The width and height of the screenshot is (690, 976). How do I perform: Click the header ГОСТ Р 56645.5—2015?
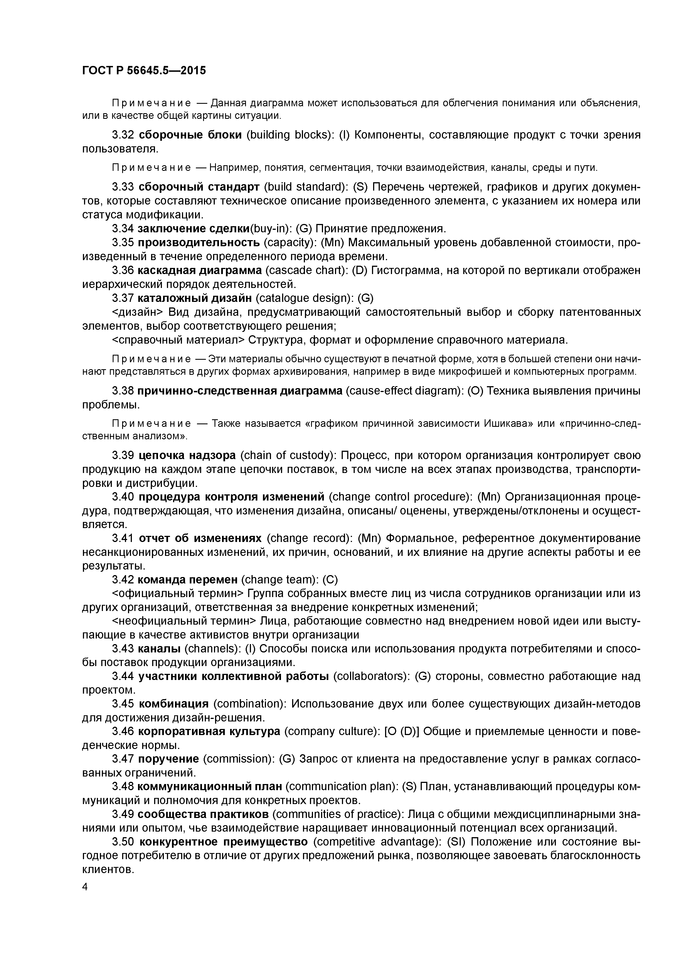coord(144,71)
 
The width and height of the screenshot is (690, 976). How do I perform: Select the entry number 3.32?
coord(123,135)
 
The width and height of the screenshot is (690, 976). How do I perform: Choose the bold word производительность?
coord(199,243)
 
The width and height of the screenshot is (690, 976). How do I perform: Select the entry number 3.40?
coord(123,497)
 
